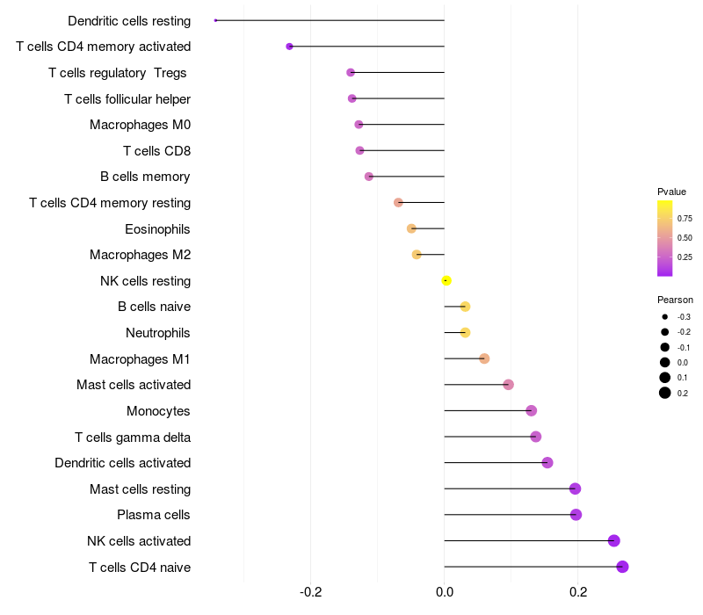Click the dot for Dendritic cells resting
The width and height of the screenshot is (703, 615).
216,20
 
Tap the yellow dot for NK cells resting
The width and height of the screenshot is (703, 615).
446,280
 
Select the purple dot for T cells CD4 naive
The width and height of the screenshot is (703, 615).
622,567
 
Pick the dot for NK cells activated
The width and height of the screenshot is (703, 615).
613,540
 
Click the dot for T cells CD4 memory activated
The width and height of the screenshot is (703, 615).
289,47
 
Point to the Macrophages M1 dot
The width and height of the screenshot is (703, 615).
484,358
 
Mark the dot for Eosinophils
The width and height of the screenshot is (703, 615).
411,228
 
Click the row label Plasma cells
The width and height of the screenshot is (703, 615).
154,515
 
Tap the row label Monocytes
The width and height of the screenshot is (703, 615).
158,411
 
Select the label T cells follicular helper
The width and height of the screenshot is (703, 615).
127,99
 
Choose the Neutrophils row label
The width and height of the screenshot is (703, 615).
158,333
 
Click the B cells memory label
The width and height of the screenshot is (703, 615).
145,177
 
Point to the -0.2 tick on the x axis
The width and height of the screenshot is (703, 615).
310,592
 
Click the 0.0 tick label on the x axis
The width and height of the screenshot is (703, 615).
445,592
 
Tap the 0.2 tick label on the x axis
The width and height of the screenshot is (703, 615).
578,592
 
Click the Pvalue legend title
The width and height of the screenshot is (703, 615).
671,192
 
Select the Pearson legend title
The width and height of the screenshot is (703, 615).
675,300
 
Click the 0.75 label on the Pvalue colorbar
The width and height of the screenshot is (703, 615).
685,218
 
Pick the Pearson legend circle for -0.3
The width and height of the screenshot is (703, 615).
665,316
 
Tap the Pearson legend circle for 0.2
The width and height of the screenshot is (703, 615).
665,393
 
